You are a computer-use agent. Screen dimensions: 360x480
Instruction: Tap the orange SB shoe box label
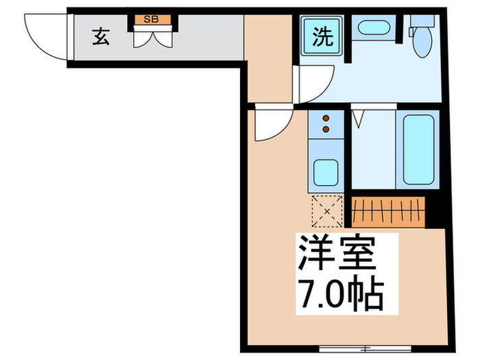(x=151, y=19)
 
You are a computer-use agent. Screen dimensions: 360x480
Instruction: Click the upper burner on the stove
(x=325, y=119)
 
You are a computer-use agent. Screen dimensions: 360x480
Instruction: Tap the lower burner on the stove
(x=325, y=128)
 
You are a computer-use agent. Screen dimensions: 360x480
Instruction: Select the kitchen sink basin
(x=325, y=169)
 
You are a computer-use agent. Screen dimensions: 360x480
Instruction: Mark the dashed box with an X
(x=326, y=210)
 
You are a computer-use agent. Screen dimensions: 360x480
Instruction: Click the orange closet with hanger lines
(x=388, y=211)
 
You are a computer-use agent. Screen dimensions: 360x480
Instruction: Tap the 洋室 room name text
(x=337, y=254)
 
